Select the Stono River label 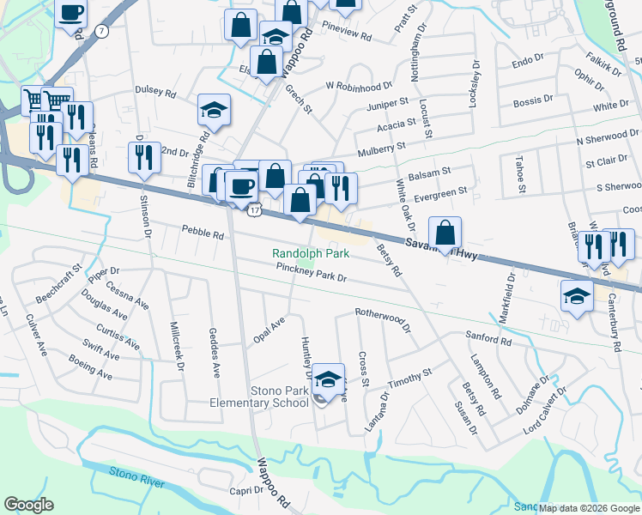tap(136, 477)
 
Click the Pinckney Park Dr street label tap(311, 273)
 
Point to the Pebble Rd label tap(203, 232)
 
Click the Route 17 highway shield tap(255, 209)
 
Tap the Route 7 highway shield tap(103, 31)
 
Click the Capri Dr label tap(245, 490)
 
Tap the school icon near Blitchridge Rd tap(214, 110)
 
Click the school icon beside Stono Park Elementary tap(328, 379)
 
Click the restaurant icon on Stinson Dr tap(143, 157)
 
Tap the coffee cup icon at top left tap(71, 13)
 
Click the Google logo tap(27, 505)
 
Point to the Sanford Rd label tap(488, 340)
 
